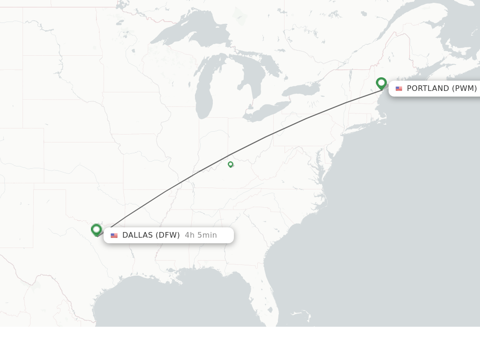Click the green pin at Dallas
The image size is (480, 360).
coord(96,229)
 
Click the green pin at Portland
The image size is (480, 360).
coord(381,83)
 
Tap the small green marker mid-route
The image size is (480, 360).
coord(230,164)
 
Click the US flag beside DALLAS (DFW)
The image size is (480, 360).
coord(114,235)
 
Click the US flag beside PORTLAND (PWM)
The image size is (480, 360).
coord(398,89)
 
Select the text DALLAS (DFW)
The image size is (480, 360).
coord(151,235)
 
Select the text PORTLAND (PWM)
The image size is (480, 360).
coord(442,89)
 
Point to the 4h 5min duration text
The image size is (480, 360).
coord(201,235)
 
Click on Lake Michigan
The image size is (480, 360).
coord(204,94)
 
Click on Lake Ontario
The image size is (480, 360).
coord(300,89)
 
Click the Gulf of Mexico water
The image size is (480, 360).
coord(187,300)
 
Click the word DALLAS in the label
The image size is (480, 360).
coord(137,235)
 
